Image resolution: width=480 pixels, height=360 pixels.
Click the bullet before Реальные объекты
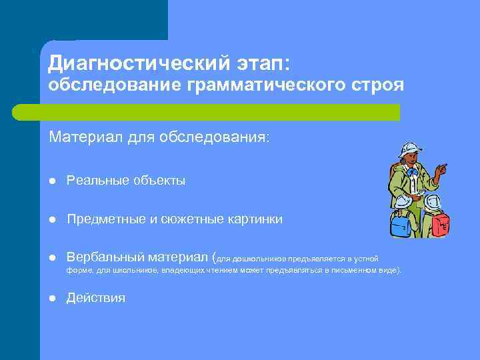click(52, 181)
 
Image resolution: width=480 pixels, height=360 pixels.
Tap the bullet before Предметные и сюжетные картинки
click(52, 219)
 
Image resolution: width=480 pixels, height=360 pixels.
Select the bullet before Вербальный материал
click(52, 258)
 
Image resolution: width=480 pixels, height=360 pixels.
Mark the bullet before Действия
click(52, 298)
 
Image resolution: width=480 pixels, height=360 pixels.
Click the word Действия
click(95, 298)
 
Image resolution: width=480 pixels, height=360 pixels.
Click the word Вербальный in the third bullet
click(105, 258)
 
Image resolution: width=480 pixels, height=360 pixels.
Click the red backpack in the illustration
click(440, 225)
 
